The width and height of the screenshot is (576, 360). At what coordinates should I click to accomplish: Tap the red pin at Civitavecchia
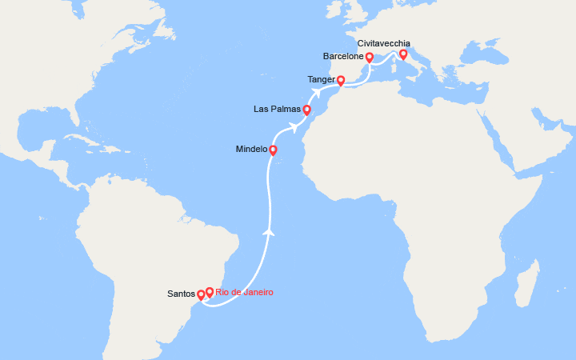click(403, 54)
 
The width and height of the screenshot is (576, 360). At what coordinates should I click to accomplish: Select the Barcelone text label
click(343, 57)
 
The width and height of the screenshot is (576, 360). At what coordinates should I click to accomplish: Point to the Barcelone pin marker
click(370, 58)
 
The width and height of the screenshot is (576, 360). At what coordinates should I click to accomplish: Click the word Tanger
click(321, 80)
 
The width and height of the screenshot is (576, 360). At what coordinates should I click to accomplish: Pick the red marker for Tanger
click(341, 80)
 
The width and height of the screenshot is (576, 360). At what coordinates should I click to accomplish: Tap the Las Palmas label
click(277, 109)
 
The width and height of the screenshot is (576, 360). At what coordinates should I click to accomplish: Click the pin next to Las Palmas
click(307, 110)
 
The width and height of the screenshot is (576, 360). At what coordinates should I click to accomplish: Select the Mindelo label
click(251, 150)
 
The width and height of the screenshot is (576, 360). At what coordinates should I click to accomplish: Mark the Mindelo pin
click(273, 150)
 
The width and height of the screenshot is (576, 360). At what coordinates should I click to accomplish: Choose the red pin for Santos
click(201, 295)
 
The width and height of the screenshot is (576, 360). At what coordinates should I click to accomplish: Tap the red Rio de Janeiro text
click(244, 292)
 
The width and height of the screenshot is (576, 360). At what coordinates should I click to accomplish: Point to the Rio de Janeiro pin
click(210, 292)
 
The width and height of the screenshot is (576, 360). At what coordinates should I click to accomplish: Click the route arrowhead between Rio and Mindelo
click(270, 232)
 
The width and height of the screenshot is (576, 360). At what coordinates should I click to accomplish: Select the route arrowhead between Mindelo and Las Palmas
click(293, 127)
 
